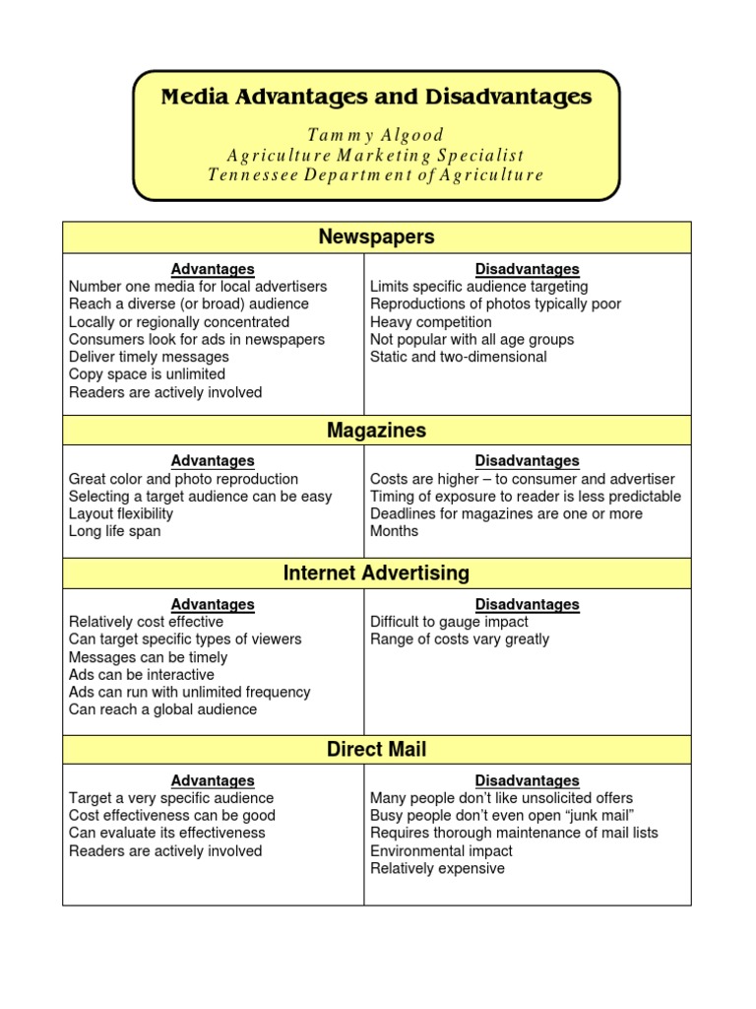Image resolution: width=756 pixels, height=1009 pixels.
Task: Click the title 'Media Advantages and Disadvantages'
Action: click(376, 97)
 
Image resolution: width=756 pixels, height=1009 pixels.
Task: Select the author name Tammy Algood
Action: click(376, 135)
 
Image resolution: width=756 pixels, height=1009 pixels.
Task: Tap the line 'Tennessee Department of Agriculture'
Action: click(376, 174)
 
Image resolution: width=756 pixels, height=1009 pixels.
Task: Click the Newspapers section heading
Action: click(376, 237)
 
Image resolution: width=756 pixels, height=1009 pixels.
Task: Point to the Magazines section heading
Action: click(376, 431)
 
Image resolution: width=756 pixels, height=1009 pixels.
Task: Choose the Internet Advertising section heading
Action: click(376, 572)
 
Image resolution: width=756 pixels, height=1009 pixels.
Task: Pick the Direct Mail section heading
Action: click(376, 750)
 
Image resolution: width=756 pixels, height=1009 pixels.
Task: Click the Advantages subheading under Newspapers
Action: click(213, 269)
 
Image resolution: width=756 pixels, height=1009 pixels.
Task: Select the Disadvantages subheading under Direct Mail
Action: click(527, 780)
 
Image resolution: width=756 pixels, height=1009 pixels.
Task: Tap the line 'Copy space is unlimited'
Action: click(147, 374)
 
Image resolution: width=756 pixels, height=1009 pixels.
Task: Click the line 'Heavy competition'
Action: click(430, 322)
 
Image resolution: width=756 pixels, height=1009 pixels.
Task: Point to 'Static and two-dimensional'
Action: click(458, 357)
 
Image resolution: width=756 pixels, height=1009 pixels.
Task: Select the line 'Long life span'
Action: click(114, 531)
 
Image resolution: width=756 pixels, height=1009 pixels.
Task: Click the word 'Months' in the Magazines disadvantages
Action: click(394, 531)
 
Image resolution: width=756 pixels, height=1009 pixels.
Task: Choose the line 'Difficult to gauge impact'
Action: click(449, 622)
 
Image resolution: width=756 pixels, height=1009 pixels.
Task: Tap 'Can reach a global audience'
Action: click(162, 709)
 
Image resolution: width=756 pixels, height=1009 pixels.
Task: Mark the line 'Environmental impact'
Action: click(441, 850)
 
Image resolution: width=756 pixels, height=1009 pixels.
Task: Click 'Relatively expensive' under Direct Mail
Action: click(437, 868)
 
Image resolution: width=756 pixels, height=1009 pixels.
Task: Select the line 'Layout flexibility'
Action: click(120, 513)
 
